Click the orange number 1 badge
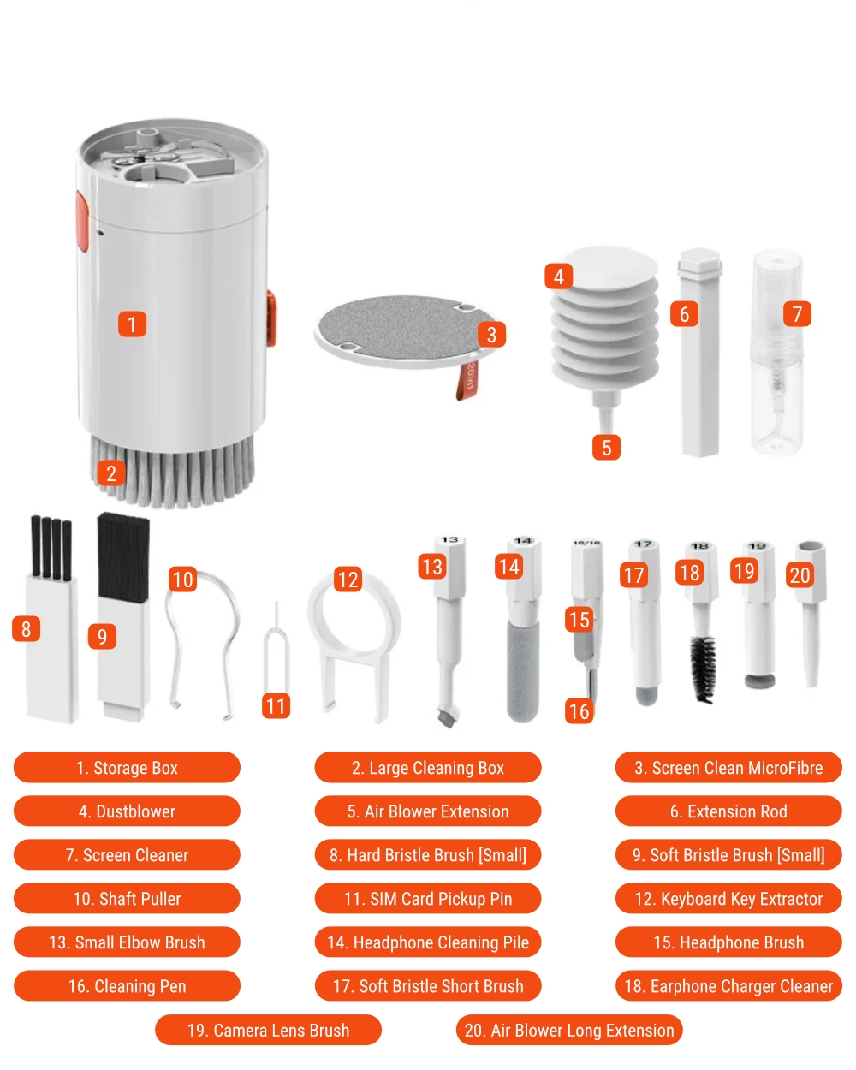click(132, 324)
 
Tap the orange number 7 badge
click(797, 314)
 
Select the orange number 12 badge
click(348, 580)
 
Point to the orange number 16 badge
click(579, 711)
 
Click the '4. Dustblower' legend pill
click(127, 811)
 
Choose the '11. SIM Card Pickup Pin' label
click(428, 899)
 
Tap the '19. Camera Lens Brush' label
click(268, 1030)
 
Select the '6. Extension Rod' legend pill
click(728, 811)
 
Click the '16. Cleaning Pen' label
click(127, 986)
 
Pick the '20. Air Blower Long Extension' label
click(569, 1030)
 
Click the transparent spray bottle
click(777, 353)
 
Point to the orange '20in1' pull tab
click(467, 380)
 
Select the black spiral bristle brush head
click(704, 669)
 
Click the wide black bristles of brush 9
click(123, 558)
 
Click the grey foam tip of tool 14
click(523, 671)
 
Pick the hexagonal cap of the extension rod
click(700, 260)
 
